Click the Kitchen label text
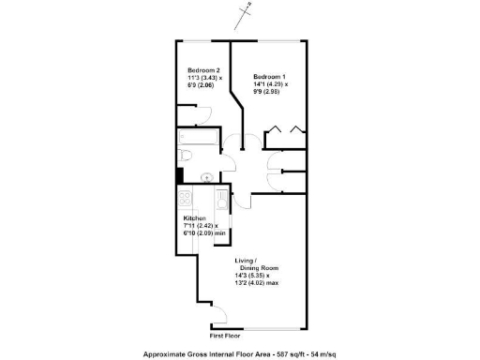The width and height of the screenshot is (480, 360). pyautogui.click(x=194, y=218)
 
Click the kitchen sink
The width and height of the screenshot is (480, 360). pyautogui.click(x=220, y=201)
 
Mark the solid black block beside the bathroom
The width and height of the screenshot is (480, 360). pyautogui.click(x=176, y=174)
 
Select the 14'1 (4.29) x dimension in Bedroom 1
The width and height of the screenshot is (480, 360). pyautogui.click(x=271, y=84)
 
